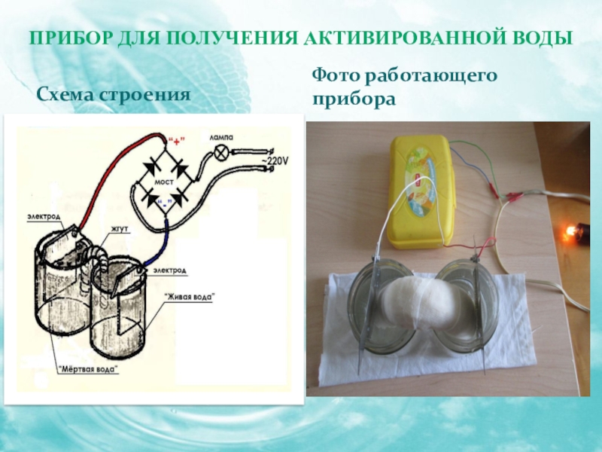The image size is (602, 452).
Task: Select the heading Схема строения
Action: [x=113, y=96]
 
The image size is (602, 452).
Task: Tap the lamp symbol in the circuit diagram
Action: [x=222, y=152]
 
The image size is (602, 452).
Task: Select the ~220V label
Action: [x=274, y=161]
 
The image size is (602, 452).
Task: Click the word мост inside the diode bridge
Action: [x=164, y=183]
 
